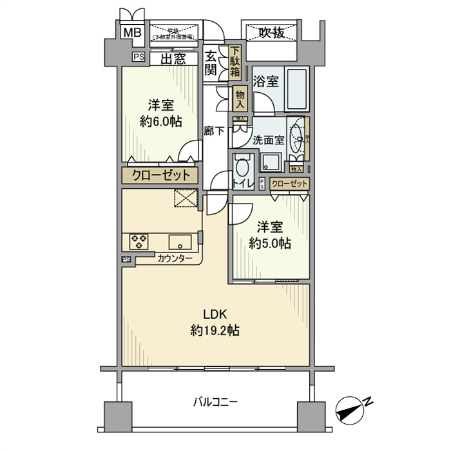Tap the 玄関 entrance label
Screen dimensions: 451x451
(211, 63)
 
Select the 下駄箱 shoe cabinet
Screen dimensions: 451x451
(236, 62)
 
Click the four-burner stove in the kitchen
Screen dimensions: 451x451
(139, 242)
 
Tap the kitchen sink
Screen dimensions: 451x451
(178, 242)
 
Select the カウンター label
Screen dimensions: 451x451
(175, 258)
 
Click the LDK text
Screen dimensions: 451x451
(214, 315)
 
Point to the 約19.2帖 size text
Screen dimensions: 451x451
(215, 331)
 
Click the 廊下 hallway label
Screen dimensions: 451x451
(210, 130)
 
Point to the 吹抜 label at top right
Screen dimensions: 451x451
(271, 33)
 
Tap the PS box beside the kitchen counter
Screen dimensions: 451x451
(126, 260)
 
